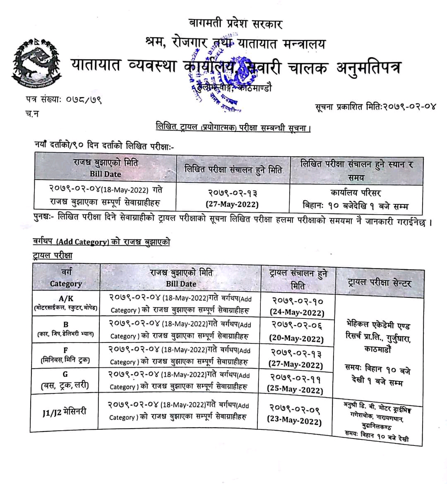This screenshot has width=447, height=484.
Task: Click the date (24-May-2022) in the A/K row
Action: (x=297, y=313)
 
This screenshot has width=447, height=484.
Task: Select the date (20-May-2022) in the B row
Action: (x=296, y=338)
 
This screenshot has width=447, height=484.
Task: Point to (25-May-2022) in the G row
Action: (x=295, y=390)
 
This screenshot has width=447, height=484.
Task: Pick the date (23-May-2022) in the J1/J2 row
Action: (x=294, y=422)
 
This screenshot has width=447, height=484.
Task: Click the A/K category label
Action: (x=66, y=298)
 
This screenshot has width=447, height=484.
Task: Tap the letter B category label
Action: (x=66, y=324)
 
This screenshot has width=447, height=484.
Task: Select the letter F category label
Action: (x=65, y=350)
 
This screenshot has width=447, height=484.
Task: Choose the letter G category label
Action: (x=65, y=375)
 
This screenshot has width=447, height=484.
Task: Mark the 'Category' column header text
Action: (x=66, y=284)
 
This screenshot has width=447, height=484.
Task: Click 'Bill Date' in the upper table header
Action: (x=106, y=174)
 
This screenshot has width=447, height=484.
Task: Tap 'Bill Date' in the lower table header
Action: (x=181, y=284)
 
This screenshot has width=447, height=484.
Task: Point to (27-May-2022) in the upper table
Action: (x=232, y=204)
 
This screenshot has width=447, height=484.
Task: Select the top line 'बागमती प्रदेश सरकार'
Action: (x=235, y=24)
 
